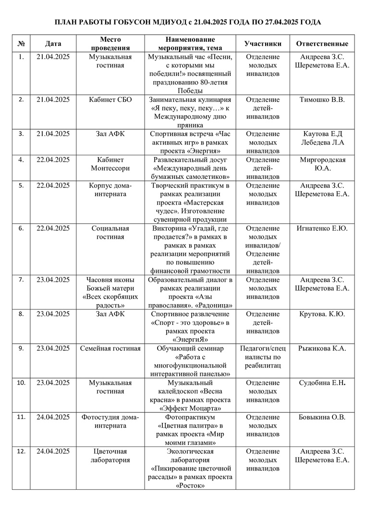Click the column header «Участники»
coord(263,44)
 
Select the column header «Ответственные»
coord(322,44)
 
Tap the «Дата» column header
coord(53,44)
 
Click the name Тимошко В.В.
coord(322,100)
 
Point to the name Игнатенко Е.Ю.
coord(322,228)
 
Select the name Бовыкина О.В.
coord(322,417)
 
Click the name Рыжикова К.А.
coord(322,348)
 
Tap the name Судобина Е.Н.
coord(322,383)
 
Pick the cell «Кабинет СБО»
coord(110,100)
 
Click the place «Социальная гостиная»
coord(110,233)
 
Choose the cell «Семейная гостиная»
coord(110,348)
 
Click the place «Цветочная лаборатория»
coord(110,455)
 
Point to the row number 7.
coord(21,280)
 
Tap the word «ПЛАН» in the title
coord(66,22)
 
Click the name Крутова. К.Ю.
coord(322,314)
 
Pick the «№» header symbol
coord(21,44)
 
